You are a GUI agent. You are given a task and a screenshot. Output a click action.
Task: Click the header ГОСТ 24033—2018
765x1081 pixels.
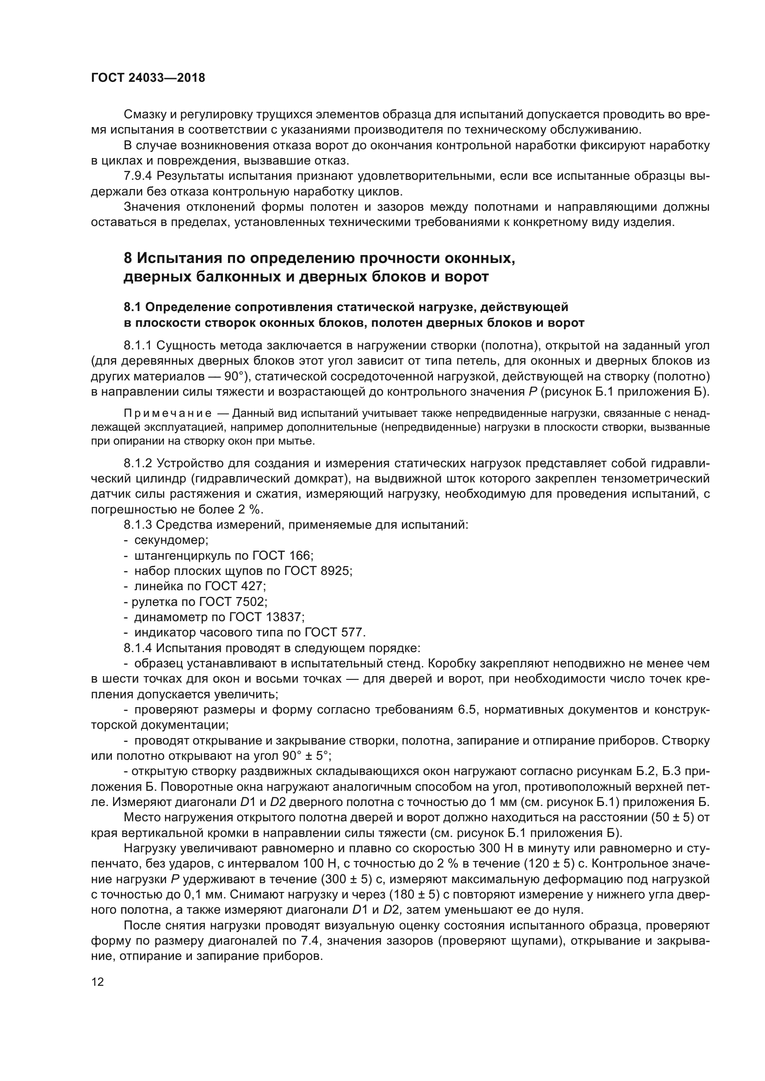[x=148, y=78]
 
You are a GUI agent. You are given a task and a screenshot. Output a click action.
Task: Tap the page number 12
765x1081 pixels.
[x=97, y=982]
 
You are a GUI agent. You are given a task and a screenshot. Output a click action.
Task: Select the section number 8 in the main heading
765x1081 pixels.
[x=128, y=258]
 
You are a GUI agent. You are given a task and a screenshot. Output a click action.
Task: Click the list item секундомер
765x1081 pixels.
[x=171, y=539]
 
